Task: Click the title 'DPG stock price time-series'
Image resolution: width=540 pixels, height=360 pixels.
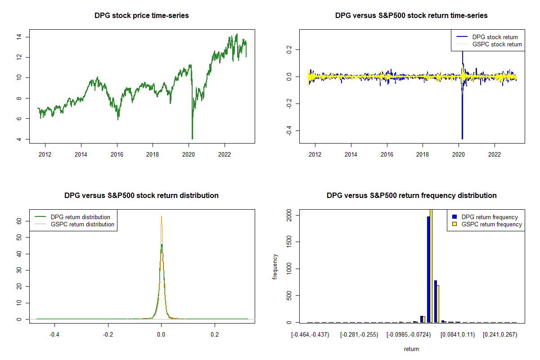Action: [141, 15]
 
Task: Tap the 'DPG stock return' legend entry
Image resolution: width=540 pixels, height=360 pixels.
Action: [487, 37]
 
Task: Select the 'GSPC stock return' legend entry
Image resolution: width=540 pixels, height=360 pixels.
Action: [489, 44]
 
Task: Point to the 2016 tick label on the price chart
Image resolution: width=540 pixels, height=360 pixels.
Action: [117, 154]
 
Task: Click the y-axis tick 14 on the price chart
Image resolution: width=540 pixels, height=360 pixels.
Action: [19, 37]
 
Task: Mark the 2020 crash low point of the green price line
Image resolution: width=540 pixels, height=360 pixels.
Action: [192, 139]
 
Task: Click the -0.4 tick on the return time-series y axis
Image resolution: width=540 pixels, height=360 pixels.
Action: [289, 130]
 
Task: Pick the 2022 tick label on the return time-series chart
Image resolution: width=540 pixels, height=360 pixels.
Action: [495, 154]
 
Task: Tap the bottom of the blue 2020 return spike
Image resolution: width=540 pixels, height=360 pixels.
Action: [462, 139]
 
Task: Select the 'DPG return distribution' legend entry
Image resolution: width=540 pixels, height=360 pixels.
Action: [72, 217]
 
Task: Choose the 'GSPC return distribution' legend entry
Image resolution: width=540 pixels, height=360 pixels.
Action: [74, 224]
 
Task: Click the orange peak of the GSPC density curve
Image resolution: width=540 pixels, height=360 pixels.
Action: [161, 216]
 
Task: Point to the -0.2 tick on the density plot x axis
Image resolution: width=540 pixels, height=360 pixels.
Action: [108, 334]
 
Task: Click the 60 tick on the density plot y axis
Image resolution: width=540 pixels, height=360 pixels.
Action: [19, 221]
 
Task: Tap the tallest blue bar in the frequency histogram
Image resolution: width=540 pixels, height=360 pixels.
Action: [428, 270]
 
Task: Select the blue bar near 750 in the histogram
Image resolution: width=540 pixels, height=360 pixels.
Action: [436, 301]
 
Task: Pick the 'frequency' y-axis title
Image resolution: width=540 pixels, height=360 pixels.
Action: [275, 267]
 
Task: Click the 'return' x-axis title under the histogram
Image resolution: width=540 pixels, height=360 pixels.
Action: [411, 349]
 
